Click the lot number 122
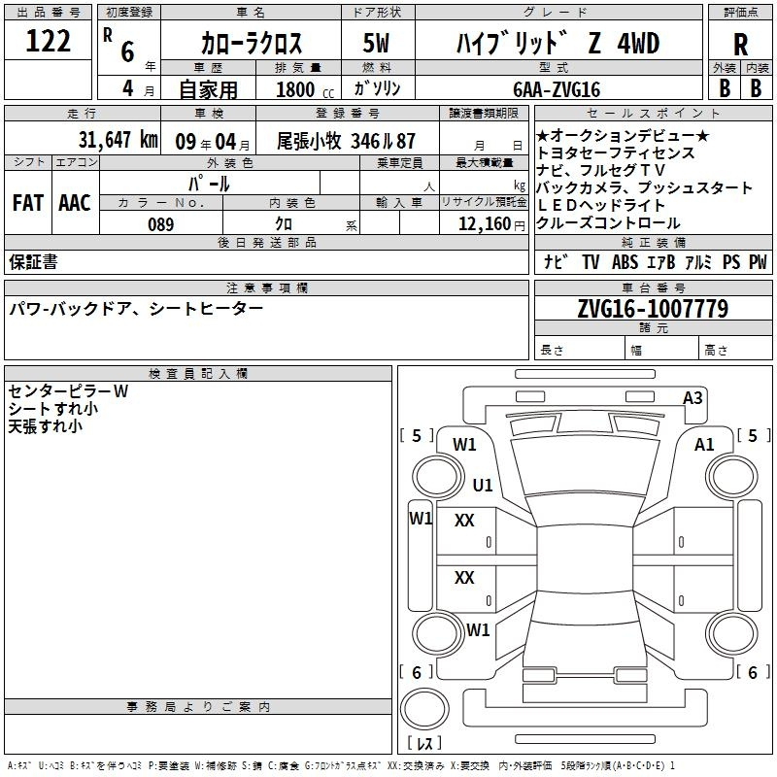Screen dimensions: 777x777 [48, 41]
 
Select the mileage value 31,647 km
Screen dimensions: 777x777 [118, 140]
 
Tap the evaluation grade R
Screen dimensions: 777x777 [740, 45]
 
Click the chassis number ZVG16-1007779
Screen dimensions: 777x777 [653, 308]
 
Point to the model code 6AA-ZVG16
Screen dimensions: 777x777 [557, 89]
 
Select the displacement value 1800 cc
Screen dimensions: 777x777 [305, 89]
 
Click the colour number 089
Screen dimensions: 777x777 [161, 224]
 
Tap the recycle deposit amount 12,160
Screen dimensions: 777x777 [484, 224]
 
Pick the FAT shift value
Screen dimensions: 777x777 [28, 203]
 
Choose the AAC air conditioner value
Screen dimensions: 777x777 [75, 203]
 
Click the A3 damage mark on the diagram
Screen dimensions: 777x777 [693, 398]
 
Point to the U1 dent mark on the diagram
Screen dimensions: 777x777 [483, 485]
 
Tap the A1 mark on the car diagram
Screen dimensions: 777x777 [704, 445]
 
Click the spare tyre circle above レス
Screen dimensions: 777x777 [424, 709]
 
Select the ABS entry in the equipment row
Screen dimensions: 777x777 [625, 262]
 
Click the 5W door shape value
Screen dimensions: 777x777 [376, 43]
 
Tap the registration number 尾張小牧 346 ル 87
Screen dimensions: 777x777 [346, 141]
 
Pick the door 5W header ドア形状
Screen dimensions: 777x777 [377, 13]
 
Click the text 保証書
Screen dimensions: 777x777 [33, 262]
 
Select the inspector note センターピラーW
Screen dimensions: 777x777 [68, 391]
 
